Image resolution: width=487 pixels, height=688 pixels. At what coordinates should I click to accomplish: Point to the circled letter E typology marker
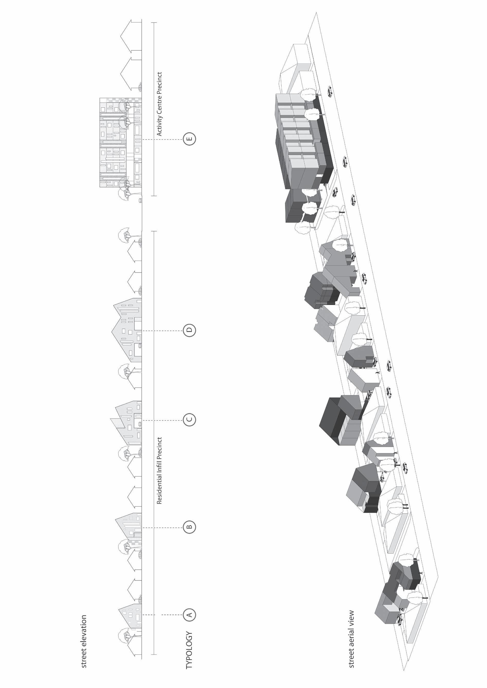tap(189, 139)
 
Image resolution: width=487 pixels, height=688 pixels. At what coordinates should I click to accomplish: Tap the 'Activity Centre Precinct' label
tap(159, 104)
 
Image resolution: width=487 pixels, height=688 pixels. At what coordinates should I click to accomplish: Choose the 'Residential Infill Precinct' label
tap(159, 471)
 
